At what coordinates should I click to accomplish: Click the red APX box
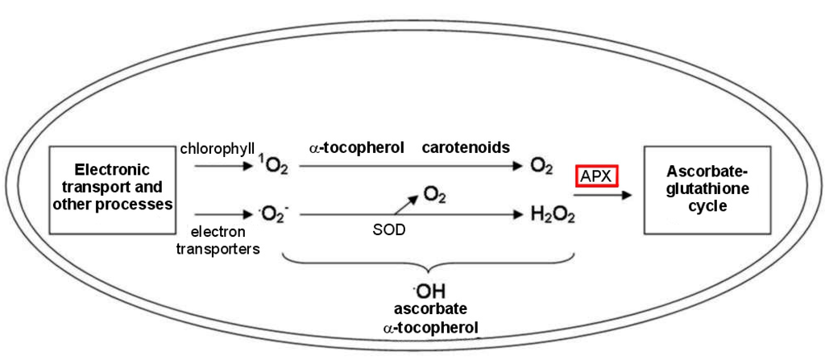[596, 175]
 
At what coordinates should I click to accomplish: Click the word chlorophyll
[218, 149]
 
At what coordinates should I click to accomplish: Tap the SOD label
[388, 230]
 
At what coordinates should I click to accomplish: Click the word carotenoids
[466, 148]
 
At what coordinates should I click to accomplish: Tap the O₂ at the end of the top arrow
[541, 168]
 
